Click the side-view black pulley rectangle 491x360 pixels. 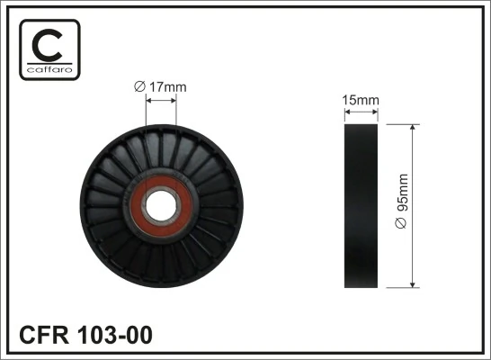coord(362,206)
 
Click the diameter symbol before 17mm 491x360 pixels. coord(138,86)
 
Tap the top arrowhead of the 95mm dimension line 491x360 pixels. coord(413,128)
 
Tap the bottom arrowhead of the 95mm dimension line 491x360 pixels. coord(413,284)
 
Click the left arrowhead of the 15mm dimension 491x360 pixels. coord(349,111)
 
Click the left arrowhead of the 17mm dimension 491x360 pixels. coord(148,101)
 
